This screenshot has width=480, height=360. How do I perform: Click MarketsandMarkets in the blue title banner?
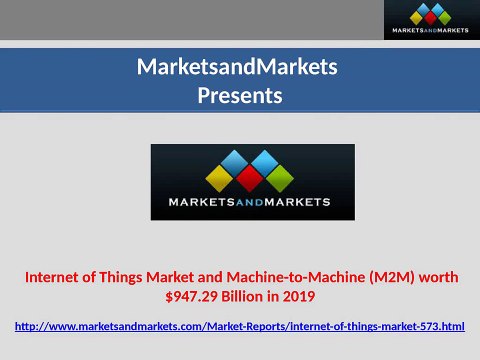[238, 68]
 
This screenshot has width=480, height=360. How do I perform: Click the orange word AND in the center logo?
[252, 203]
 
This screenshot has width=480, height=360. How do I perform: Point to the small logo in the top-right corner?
[431, 20]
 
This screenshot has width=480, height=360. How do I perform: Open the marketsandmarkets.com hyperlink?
[241, 327]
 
